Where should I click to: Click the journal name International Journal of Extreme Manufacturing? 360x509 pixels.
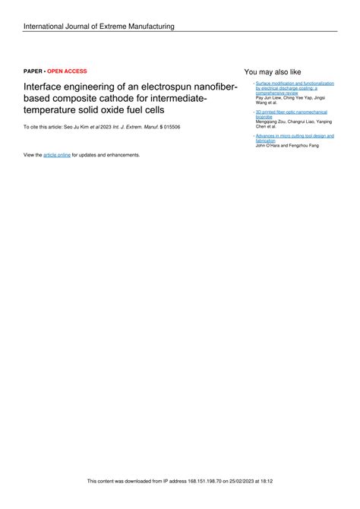point(99,27)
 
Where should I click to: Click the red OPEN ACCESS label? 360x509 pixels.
point(67,71)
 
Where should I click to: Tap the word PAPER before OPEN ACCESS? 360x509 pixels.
point(33,71)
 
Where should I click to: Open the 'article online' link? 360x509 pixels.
point(57,154)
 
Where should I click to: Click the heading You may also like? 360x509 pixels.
point(273,71)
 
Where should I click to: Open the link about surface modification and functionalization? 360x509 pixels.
point(294,87)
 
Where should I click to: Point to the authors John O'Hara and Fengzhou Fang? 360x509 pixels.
point(287,145)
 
